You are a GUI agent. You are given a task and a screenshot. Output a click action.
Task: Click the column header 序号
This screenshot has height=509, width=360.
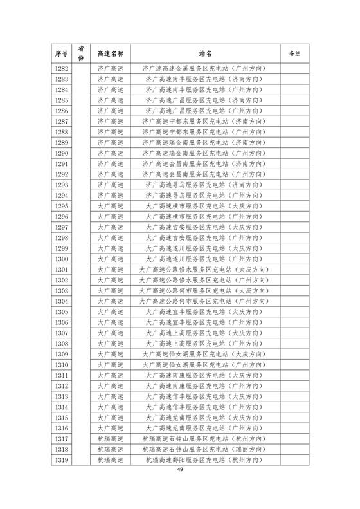point(62,52)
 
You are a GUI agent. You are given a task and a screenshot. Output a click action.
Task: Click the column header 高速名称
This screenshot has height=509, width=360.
point(109,52)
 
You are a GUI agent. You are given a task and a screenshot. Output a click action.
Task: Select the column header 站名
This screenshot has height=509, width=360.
point(205,52)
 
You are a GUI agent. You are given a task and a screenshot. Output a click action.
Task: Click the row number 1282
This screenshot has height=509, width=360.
point(62,68)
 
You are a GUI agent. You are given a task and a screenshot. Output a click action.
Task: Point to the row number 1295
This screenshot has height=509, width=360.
point(62,205)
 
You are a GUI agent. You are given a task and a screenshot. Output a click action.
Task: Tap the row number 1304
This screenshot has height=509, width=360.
point(62,301)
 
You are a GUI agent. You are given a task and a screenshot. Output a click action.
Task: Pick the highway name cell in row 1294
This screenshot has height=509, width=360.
point(109,195)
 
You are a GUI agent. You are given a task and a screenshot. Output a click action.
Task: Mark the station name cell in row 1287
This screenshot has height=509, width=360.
point(205,121)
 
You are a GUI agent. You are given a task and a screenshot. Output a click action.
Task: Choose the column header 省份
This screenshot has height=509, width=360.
point(81,52)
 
